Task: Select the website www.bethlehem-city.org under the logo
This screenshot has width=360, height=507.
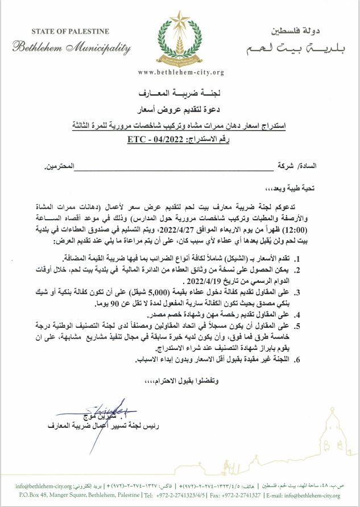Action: click(x=181, y=72)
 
